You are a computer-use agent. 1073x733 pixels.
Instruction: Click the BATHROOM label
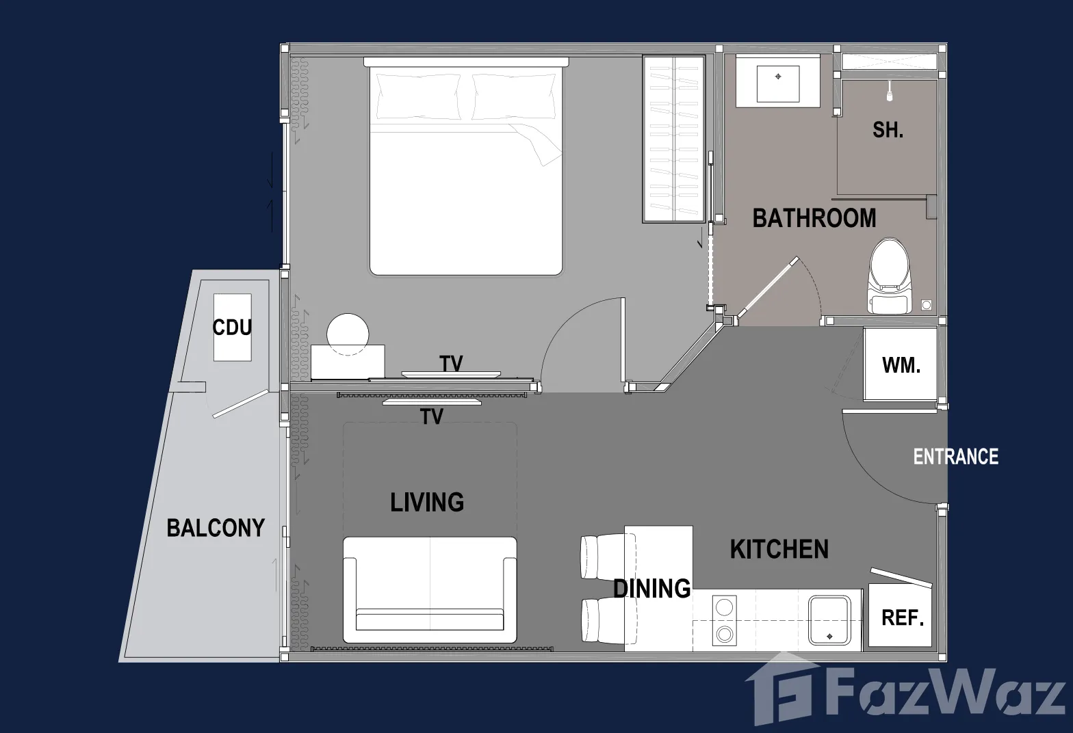point(814,218)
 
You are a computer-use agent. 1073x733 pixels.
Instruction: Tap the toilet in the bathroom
point(890,276)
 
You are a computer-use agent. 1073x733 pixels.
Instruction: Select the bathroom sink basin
point(778,84)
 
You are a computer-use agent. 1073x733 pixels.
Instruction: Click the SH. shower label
point(888,130)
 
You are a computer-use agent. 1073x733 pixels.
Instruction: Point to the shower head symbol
point(890,91)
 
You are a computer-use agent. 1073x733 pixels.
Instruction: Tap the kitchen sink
point(829,620)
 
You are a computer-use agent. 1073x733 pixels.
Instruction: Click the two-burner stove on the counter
point(724,620)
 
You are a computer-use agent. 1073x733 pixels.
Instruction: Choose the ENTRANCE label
point(956,457)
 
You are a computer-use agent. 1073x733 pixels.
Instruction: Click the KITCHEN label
point(779,549)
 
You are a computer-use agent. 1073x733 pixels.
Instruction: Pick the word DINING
point(652,589)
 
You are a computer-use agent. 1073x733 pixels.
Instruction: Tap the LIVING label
point(427,503)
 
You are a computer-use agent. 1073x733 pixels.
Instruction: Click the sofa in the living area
point(430,589)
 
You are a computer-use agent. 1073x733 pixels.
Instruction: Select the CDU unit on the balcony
point(233,328)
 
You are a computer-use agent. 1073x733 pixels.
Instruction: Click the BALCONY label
point(216,528)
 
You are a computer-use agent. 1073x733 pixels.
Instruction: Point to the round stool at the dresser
point(348,334)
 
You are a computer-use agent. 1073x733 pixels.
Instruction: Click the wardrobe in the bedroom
point(674,139)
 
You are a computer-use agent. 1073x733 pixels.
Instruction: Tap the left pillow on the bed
point(418,96)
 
